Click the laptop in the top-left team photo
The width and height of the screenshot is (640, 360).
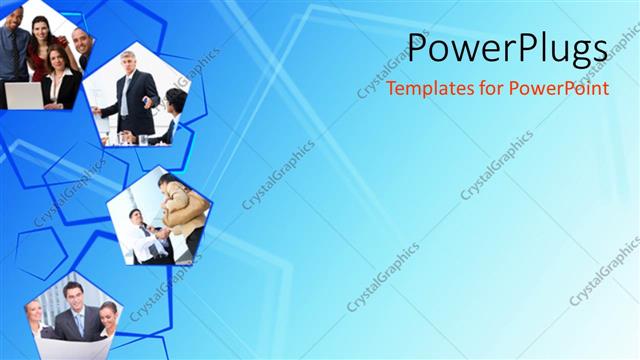pos(22,96)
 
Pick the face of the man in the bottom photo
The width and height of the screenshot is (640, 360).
pos(73,295)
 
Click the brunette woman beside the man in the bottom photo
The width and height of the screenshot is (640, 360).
pos(107,320)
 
